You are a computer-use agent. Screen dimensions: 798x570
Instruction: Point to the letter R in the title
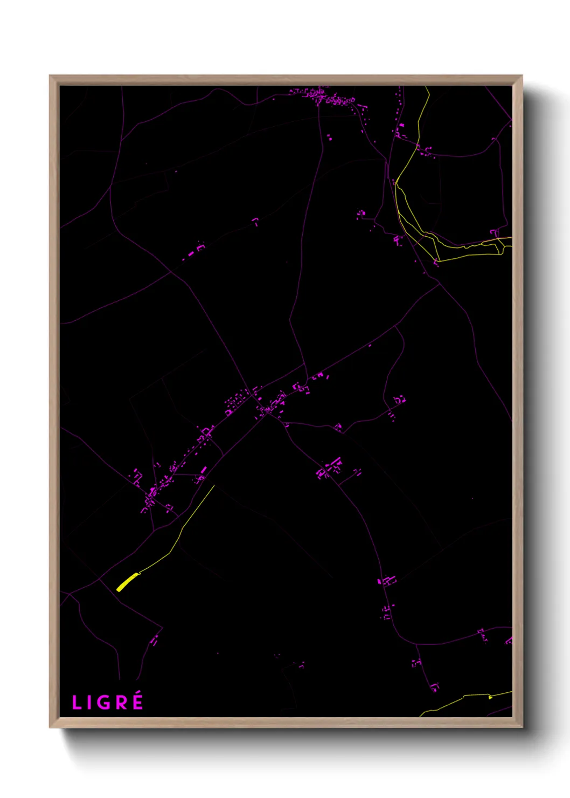(122, 703)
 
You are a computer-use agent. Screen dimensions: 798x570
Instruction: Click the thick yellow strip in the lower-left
(127, 582)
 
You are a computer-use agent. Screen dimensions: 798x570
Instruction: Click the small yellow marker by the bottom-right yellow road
(490, 697)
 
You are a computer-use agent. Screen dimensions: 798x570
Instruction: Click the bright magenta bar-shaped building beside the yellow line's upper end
(204, 470)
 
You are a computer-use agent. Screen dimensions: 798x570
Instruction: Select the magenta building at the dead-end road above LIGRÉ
(155, 641)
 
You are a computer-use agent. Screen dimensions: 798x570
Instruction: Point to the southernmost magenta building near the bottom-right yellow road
(434, 687)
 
